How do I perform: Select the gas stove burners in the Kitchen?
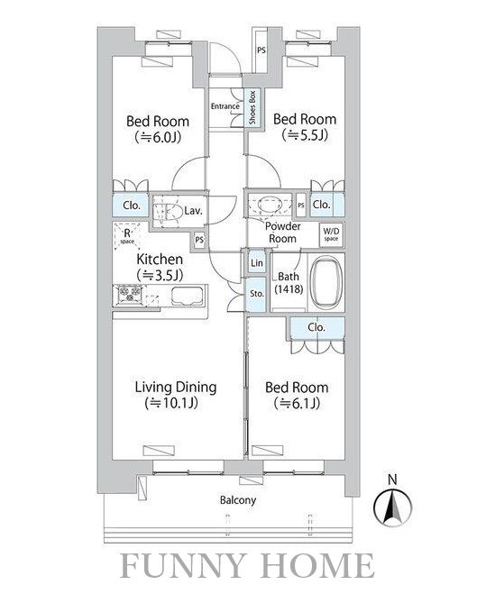(130, 294)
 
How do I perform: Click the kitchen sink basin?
(187, 296)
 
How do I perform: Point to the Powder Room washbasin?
(270, 205)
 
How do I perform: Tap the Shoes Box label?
(252, 107)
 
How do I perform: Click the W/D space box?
(331, 234)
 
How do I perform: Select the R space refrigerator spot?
(127, 235)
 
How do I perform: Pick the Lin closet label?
(257, 262)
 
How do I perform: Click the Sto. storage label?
(257, 294)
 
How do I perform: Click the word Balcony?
(238, 500)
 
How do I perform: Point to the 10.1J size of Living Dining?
(171, 403)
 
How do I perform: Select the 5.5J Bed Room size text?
(305, 135)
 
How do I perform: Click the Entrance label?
(225, 106)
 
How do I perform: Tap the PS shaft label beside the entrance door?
(261, 50)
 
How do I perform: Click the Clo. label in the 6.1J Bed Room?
(316, 327)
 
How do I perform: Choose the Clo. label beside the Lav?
(132, 206)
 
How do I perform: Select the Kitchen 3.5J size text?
(160, 275)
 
